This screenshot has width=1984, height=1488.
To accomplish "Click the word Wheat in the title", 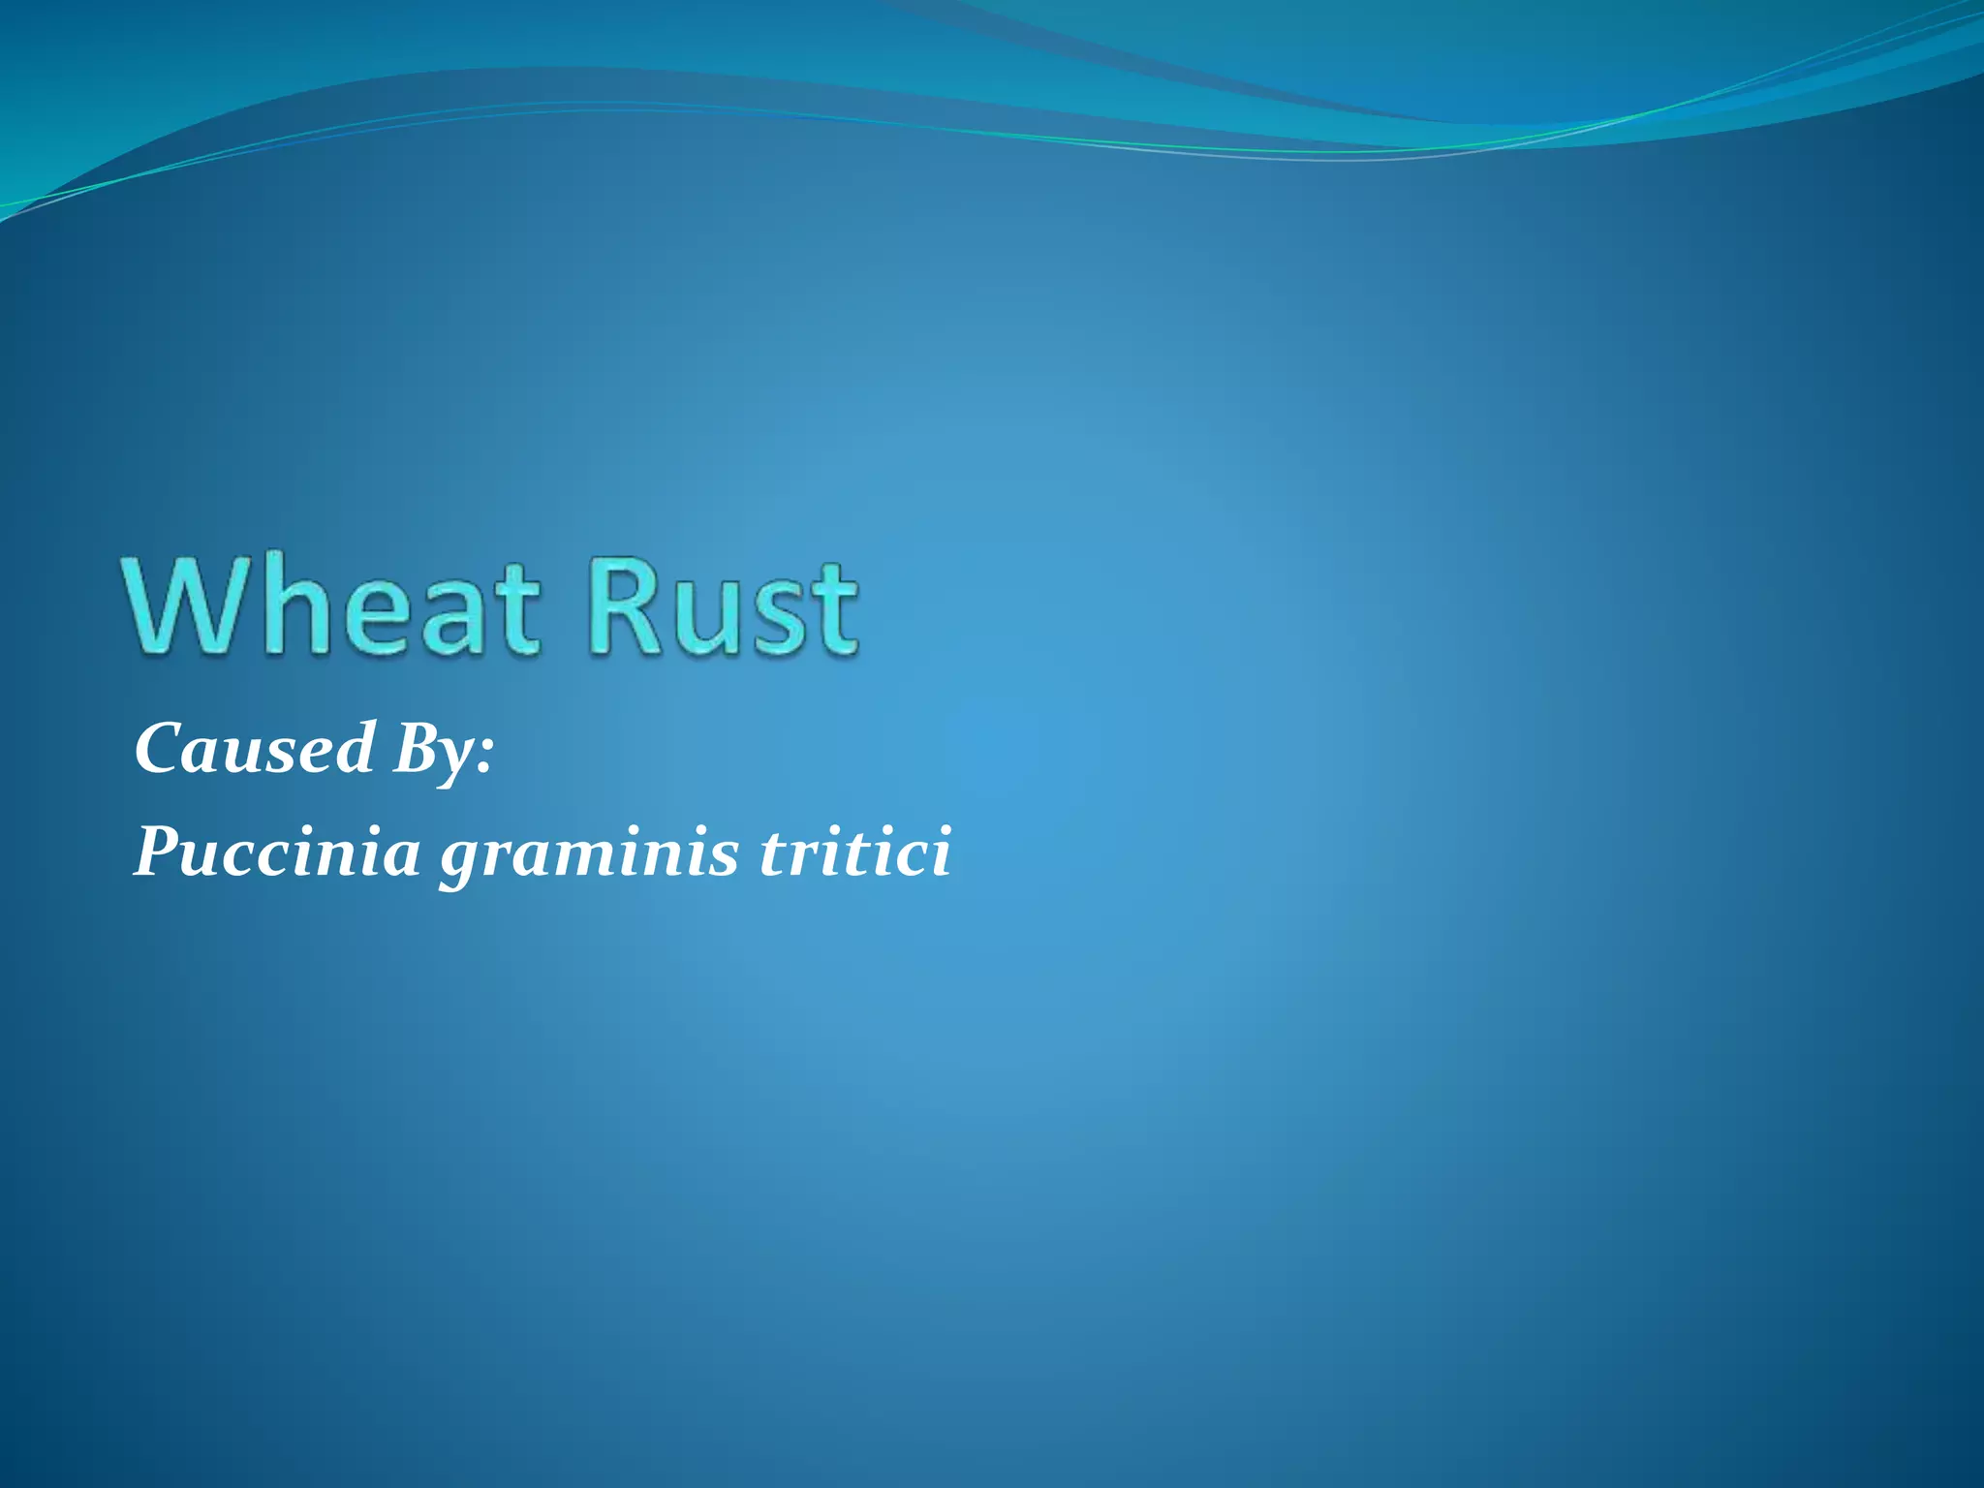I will click(x=330, y=605).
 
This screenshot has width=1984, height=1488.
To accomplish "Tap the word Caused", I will click(x=255, y=748).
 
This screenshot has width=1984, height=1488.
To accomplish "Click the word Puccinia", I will click(x=277, y=852).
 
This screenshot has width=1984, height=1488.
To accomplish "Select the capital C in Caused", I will click(x=159, y=748).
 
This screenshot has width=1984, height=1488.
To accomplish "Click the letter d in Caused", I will click(x=355, y=748).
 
